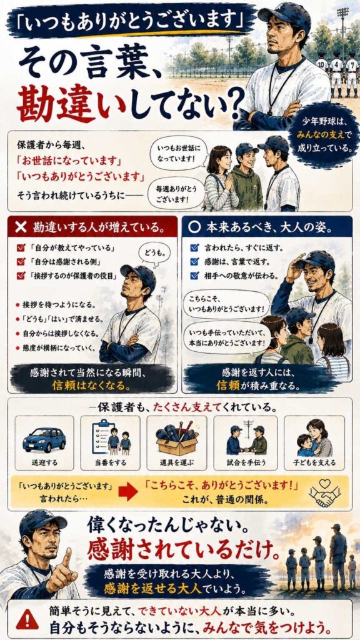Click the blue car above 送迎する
44,439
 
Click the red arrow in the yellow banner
127,492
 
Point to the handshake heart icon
324,492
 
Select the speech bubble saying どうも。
154,254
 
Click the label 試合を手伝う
246,463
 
